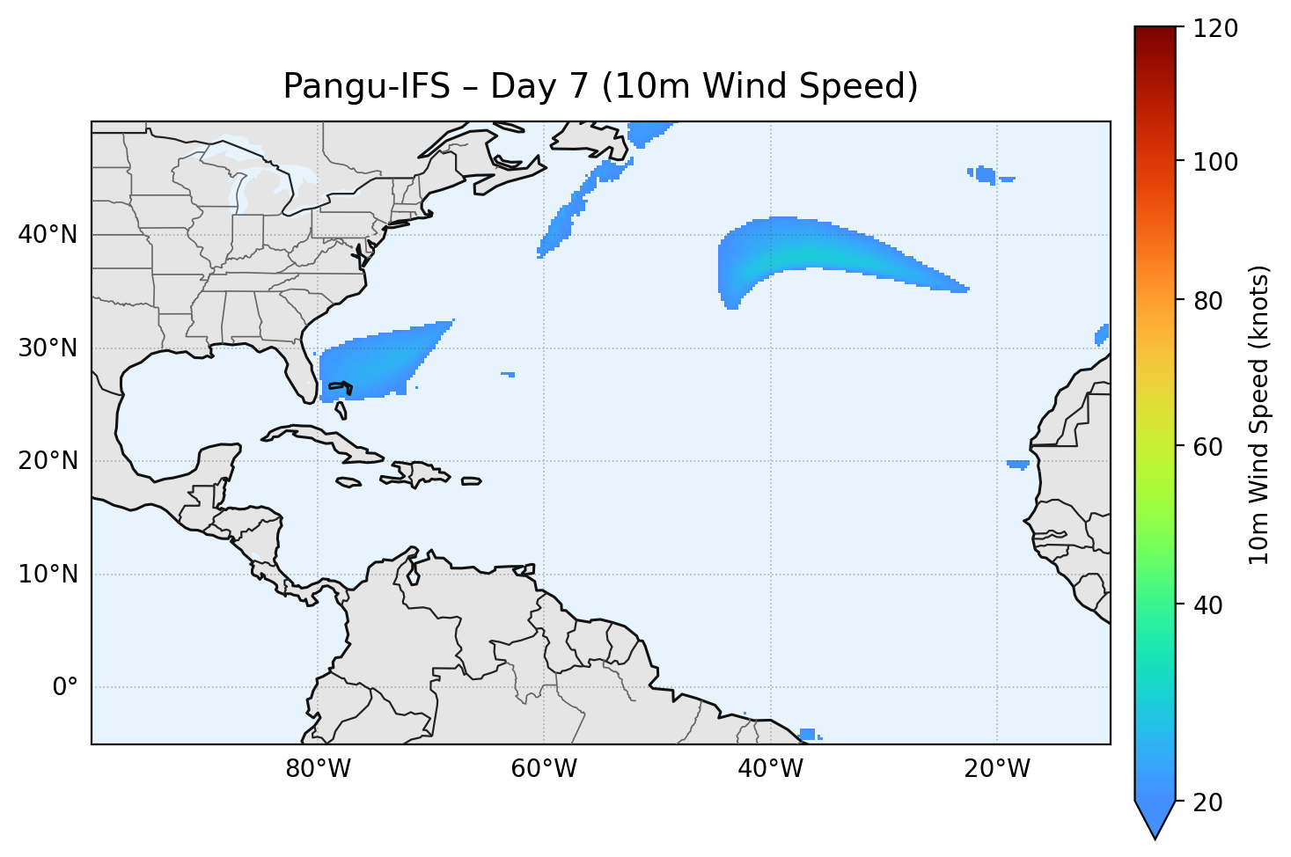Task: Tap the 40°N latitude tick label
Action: point(48,235)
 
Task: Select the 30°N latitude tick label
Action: point(48,348)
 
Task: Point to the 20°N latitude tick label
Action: point(48,461)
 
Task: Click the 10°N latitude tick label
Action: point(48,575)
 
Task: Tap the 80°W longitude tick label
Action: point(318,769)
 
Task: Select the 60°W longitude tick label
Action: point(544,769)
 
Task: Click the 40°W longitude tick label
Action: point(770,769)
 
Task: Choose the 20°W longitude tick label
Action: point(996,769)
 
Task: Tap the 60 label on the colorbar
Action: point(1207,447)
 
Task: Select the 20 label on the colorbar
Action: point(1207,802)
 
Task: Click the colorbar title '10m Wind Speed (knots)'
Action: point(1259,415)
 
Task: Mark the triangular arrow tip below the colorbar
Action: point(1155,822)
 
